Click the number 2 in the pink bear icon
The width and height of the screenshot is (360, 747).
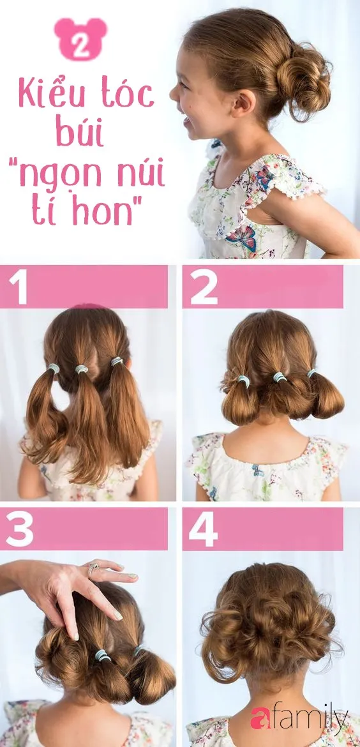click(81, 46)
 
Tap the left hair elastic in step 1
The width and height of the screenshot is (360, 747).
click(54, 368)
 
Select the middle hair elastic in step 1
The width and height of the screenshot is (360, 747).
click(82, 369)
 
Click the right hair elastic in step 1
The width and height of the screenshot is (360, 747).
click(116, 361)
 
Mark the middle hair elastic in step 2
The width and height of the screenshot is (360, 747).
click(280, 377)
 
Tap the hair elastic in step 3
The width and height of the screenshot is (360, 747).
click(103, 655)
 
